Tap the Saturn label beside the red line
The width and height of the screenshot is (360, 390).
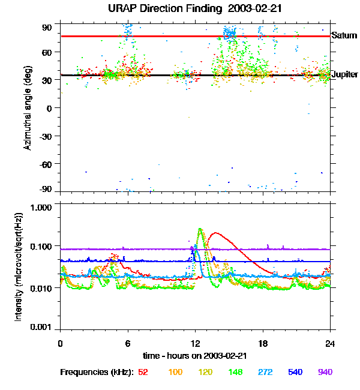[x=343, y=36]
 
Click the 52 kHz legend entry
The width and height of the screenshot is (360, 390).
[x=143, y=372]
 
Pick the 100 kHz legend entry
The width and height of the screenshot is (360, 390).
[x=175, y=372]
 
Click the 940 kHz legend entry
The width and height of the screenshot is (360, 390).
[x=325, y=372]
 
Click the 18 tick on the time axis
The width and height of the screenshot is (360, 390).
[x=263, y=343]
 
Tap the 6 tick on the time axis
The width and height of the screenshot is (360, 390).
[x=128, y=343]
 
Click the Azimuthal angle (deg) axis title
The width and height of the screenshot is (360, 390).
[x=28, y=108]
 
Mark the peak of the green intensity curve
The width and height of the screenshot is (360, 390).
[x=200, y=229]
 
